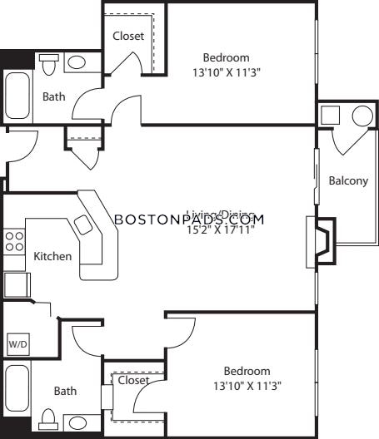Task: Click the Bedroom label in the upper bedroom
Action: (226, 57)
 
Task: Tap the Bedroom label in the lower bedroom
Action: (247, 371)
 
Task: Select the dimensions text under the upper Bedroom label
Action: (226, 72)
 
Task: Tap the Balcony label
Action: (348, 181)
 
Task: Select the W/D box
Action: (17, 343)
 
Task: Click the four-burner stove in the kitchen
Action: (15, 241)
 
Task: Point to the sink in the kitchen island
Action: (83, 224)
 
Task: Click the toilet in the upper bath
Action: (48, 63)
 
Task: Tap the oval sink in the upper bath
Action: (77, 63)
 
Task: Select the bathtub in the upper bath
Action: (17, 95)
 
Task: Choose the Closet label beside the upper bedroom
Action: (128, 37)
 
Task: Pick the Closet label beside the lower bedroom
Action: (133, 380)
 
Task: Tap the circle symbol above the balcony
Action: (363, 116)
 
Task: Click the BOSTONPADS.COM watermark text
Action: (188, 219)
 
